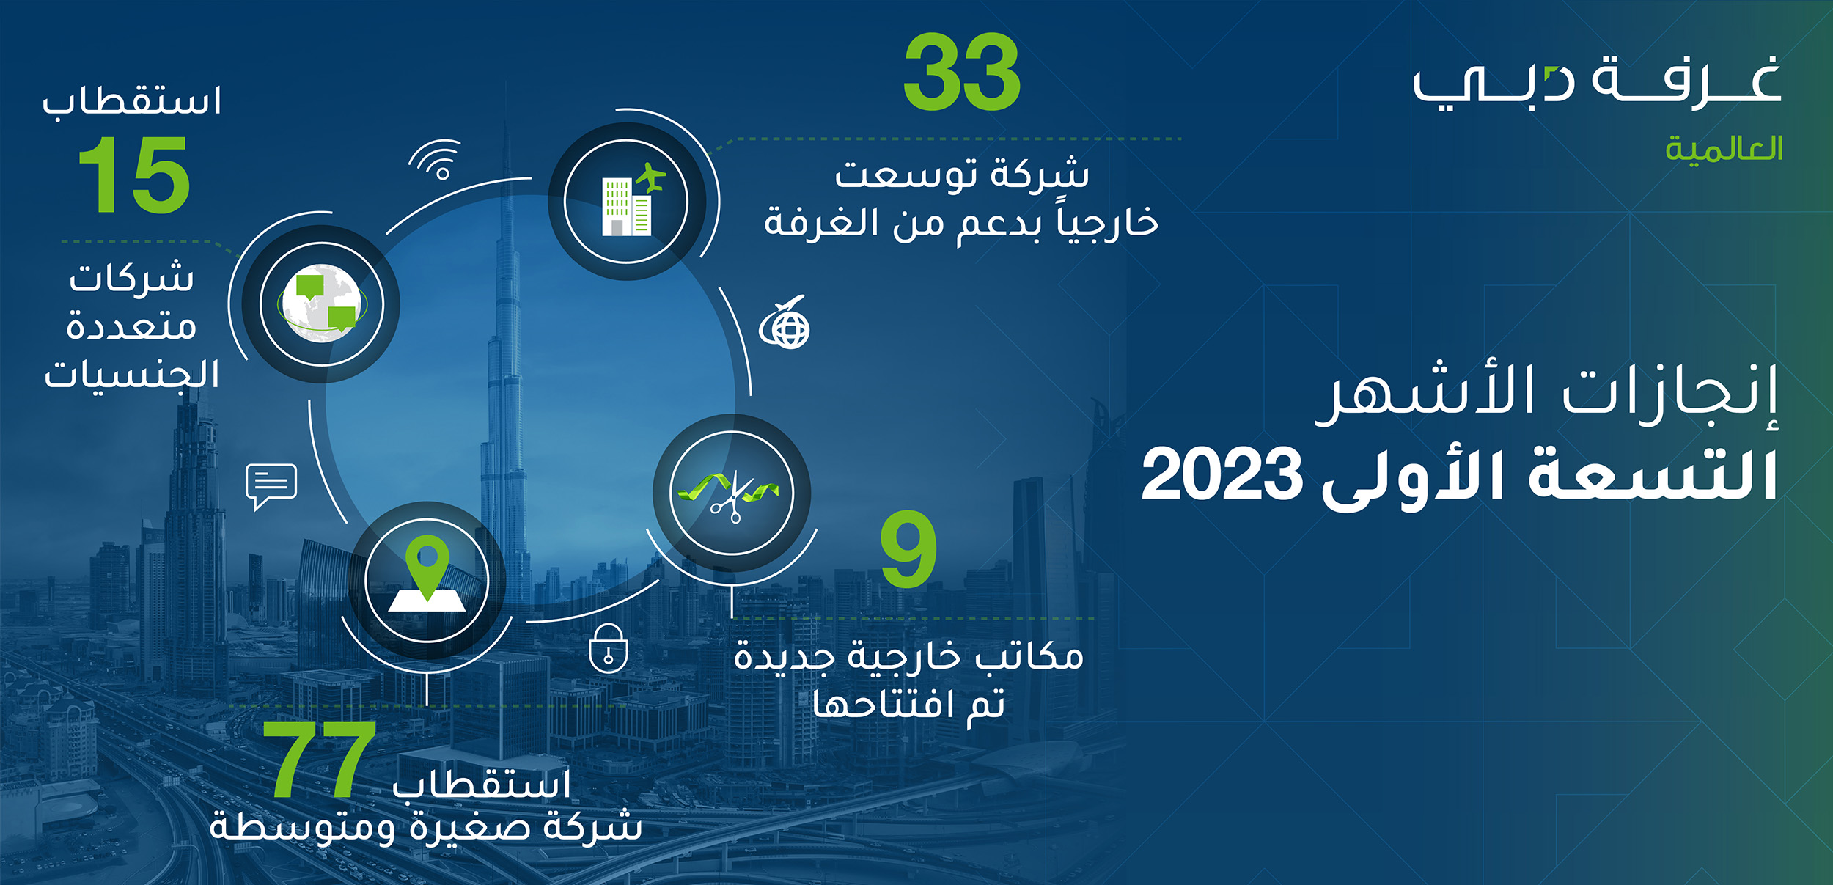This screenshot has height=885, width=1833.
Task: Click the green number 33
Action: pos(962,72)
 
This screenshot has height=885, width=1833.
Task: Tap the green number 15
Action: pos(134,175)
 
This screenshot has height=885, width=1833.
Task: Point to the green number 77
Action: pos(320,759)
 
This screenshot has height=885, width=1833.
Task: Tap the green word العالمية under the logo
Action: pos(1724,149)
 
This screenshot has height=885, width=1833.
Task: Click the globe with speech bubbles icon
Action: pos(321,303)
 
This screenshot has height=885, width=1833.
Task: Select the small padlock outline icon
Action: pos(609,647)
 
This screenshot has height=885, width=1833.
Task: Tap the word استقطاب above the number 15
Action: pos(132,100)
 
